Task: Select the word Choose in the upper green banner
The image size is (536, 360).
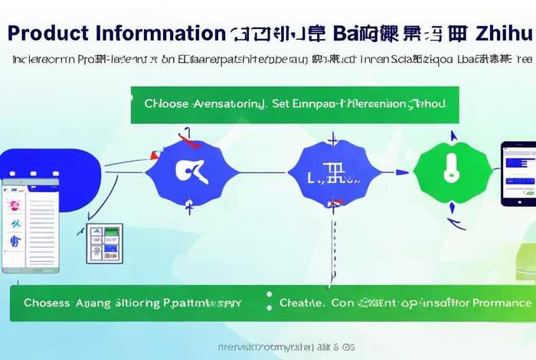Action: (x=165, y=103)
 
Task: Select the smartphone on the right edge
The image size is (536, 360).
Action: (x=518, y=174)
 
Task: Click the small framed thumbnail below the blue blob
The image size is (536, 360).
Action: (x=104, y=244)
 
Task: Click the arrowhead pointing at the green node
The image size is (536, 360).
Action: (x=402, y=172)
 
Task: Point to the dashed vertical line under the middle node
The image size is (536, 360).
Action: (x=333, y=245)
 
